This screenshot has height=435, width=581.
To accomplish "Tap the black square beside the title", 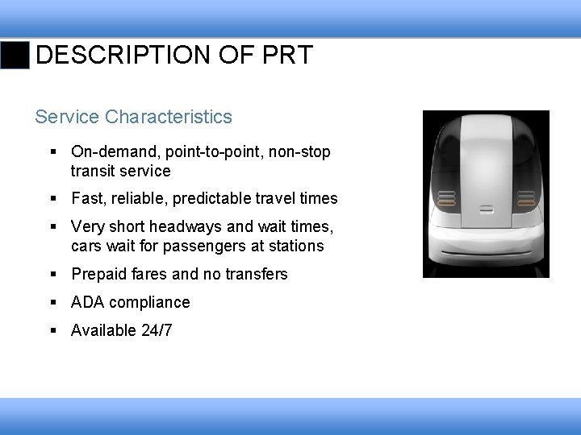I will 15,56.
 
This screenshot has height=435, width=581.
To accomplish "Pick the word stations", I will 298,246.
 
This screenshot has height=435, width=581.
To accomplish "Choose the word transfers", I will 257,274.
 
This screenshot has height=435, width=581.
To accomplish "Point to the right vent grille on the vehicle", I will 525,198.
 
